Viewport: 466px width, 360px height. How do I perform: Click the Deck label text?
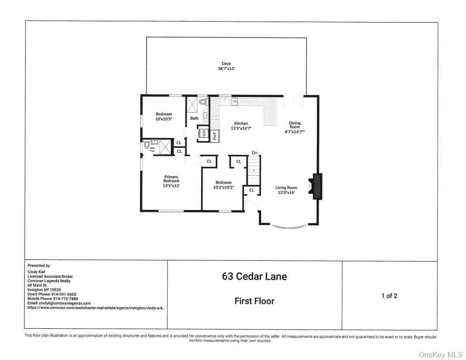point(226,64)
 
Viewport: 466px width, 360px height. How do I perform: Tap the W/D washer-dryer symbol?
point(204,133)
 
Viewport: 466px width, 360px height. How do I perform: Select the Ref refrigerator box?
point(215,136)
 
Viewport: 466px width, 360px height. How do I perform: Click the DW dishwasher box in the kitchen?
point(235,101)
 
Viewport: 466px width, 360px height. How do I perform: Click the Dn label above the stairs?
point(255,153)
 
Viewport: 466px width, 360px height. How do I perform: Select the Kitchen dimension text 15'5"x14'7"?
point(241,128)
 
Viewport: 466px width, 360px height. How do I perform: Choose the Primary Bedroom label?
point(171,179)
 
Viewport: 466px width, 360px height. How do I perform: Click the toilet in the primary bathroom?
point(147,144)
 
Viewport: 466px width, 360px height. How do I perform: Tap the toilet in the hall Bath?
point(203,101)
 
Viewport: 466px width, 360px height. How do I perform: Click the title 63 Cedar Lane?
point(254,277)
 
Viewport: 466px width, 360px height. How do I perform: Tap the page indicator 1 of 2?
point(389,296)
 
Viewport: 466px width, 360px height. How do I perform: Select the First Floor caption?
point(254,301)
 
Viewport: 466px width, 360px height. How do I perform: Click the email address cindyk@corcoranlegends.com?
point(59,304)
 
